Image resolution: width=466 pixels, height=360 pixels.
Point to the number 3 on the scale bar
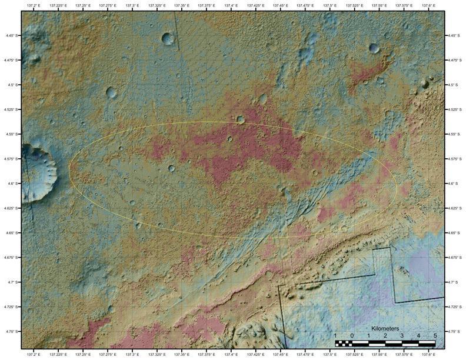coord(402,335)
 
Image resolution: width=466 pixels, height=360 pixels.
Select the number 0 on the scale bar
coord(352,335)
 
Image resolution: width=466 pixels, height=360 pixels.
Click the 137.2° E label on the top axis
coord(34,5)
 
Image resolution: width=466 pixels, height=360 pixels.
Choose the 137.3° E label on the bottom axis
coord(132,355)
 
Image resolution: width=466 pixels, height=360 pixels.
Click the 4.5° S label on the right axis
coord(454,85)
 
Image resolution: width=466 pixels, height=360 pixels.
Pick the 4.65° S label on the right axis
coord(454,233)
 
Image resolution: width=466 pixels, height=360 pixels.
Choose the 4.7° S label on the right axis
coord(454,282)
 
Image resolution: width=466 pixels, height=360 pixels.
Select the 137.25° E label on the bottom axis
coord(83,355)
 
